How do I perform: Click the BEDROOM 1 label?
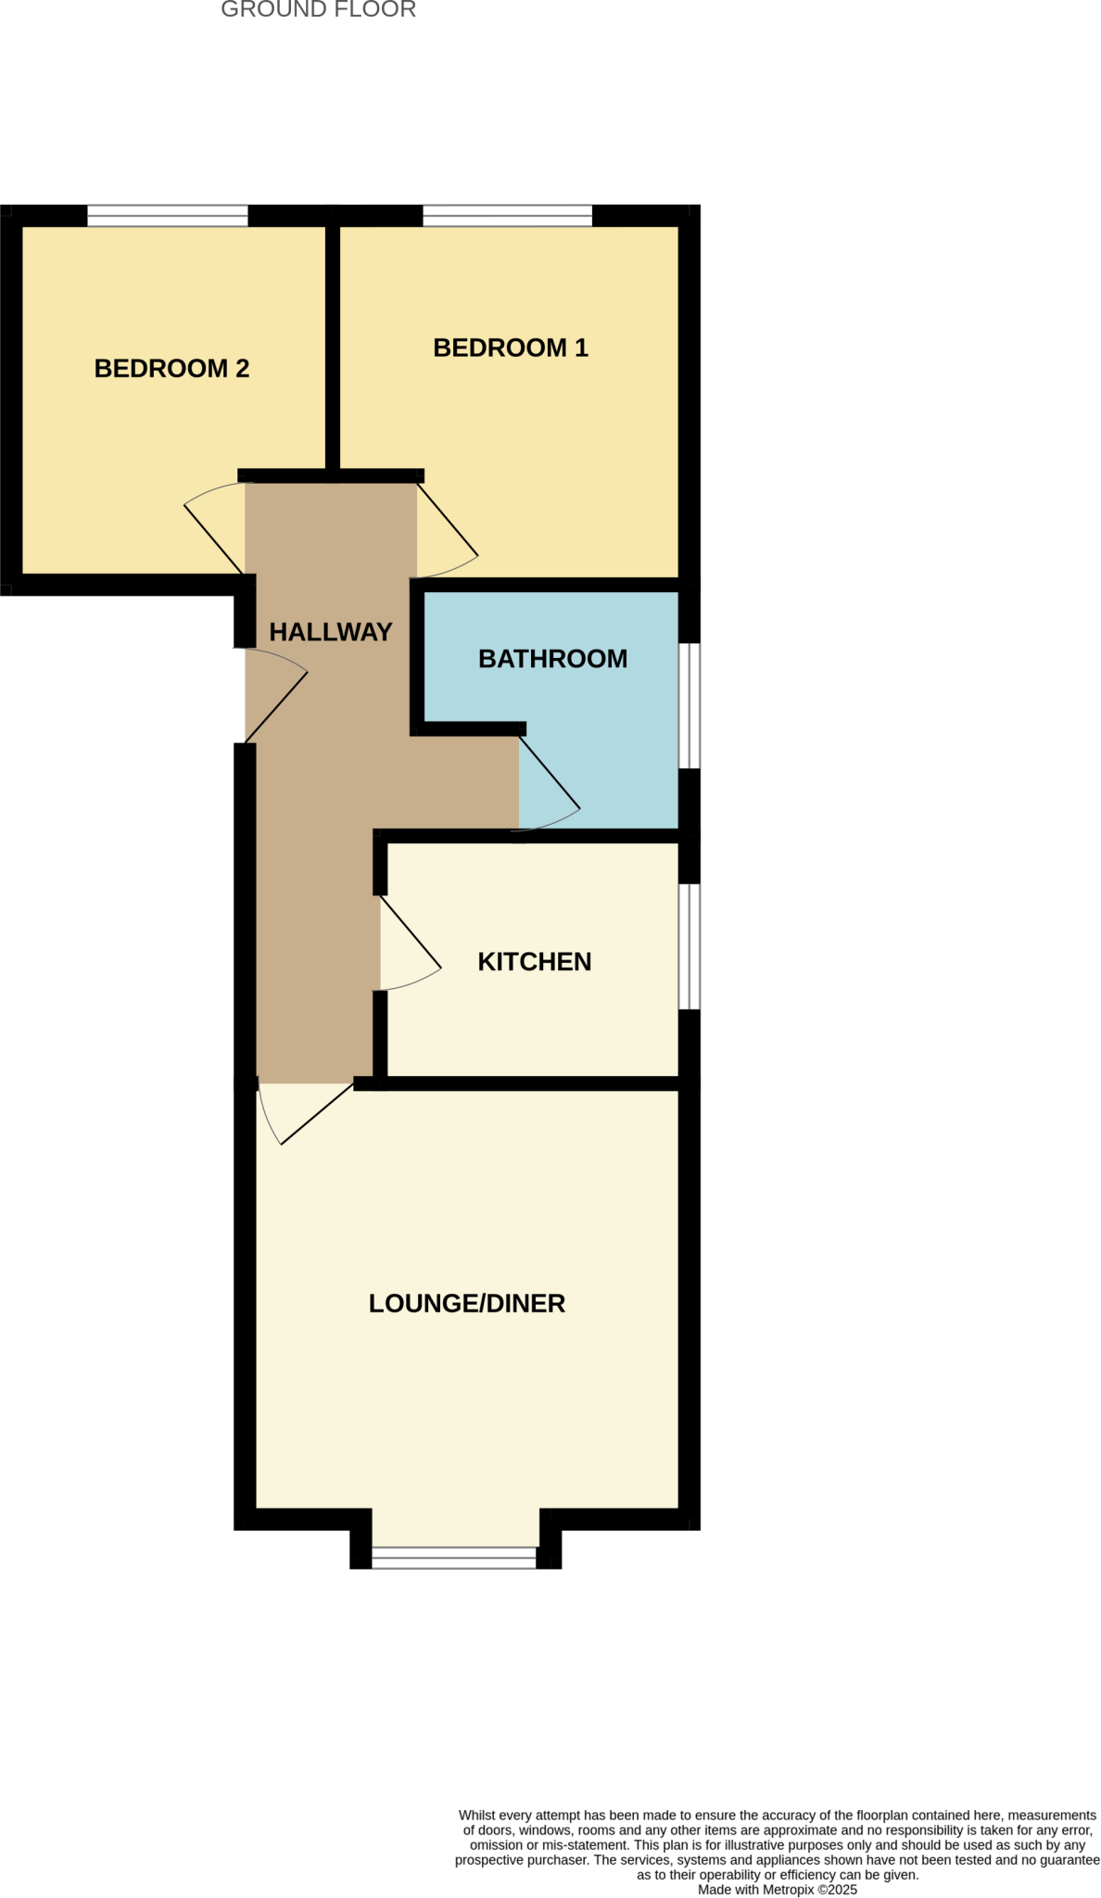[x=511, y=348]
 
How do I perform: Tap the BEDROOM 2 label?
[x=171, y=369]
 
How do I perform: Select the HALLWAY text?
[x=331, y=632]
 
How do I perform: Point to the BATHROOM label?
[x=552, y=659]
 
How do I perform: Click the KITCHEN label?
[x=534, y=962]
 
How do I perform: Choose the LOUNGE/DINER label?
[x=466, y=1304]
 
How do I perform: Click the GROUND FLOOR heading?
[x=318, y=10]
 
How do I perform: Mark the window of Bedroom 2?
[x=168, y=216]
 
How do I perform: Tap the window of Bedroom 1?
[x=507, y=216]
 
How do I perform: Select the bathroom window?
[x=690, y=705]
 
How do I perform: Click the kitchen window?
[x=690, y=945]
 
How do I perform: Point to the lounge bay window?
[x=454, y=1558]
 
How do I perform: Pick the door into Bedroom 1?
[x=448, y=520]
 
